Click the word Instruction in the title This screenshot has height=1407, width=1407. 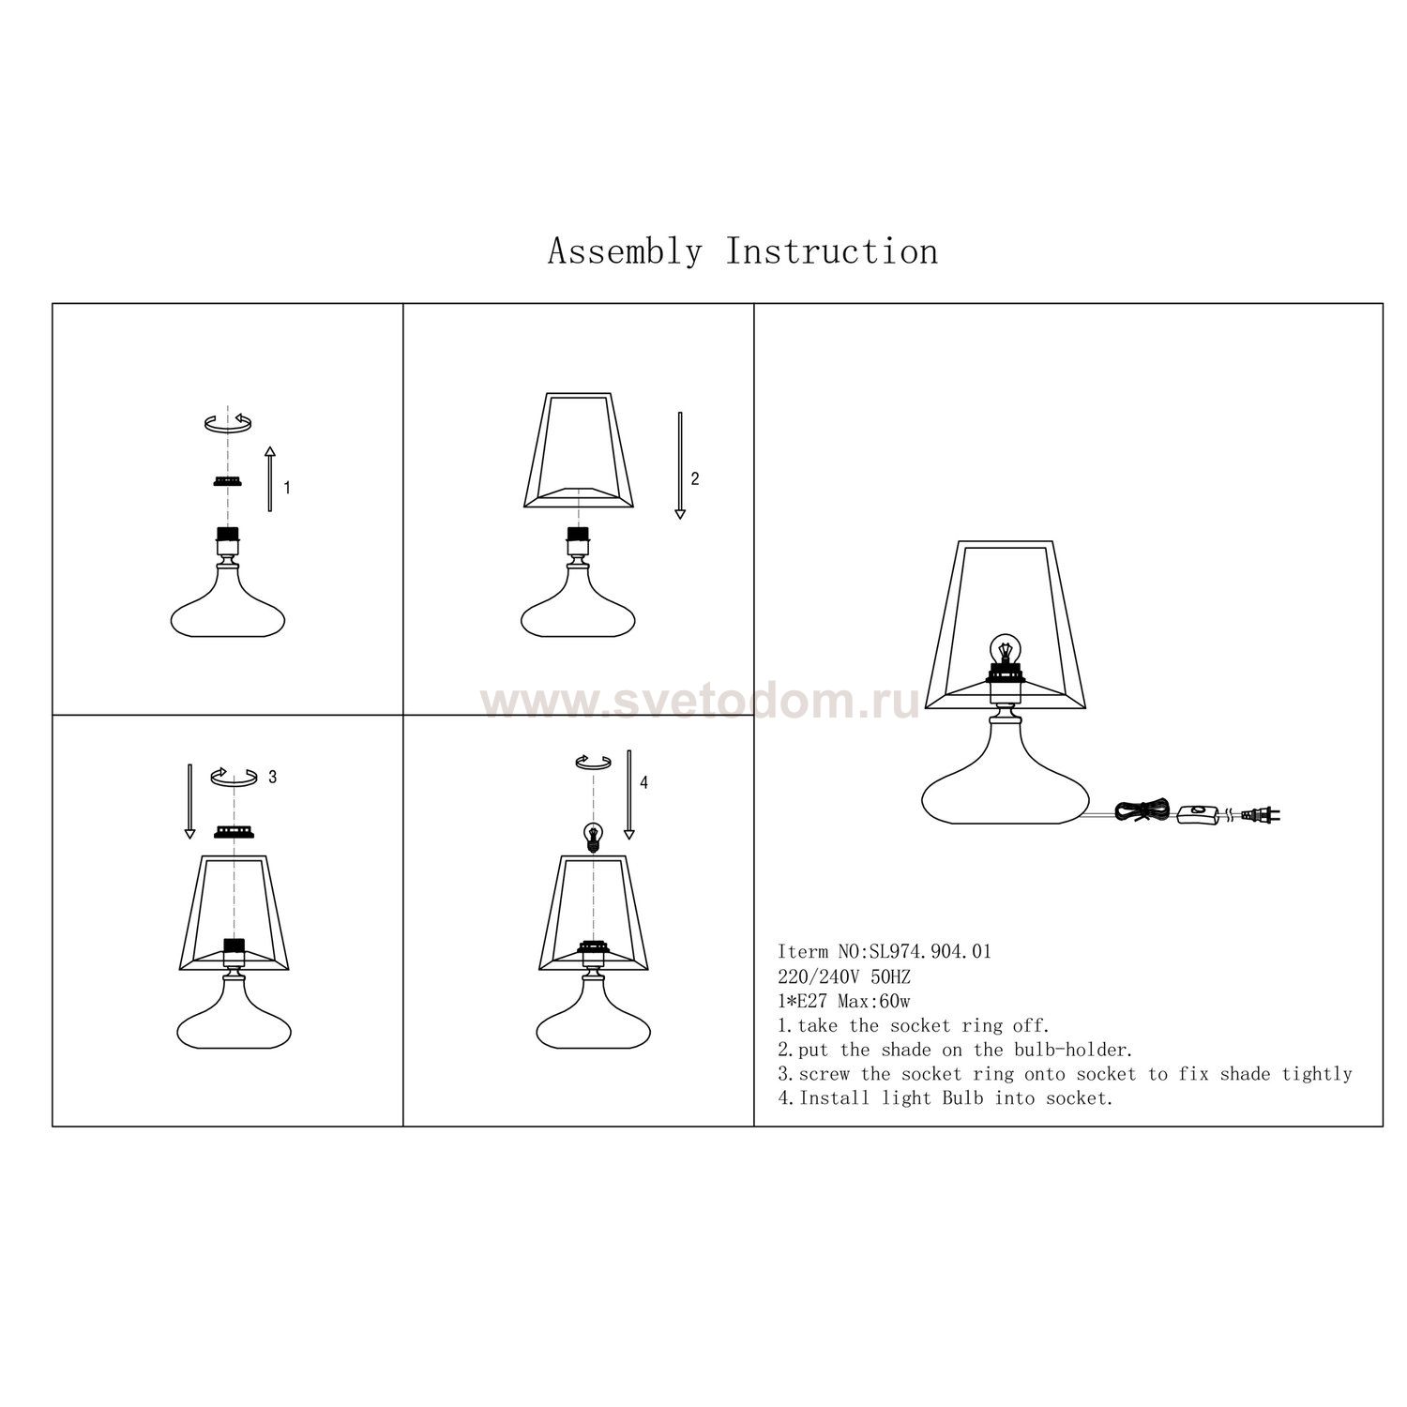click(832, 251)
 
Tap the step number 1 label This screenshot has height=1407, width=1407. click(287, 488)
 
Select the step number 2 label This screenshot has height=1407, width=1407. click(694, 478)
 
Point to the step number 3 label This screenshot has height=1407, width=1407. click(272, 777)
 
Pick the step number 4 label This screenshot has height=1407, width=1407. click(643, 782)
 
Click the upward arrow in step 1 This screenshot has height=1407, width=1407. click(270, 478)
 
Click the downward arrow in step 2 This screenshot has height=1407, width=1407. click(680, 465)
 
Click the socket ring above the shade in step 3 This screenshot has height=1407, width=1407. click(234, 831)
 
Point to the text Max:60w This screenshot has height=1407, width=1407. click(872, 1001)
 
